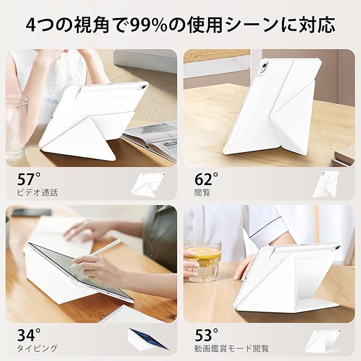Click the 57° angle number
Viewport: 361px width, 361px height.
point(29,179)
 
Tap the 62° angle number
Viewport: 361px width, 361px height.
point(206,179)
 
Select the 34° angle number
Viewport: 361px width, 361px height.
point(29,334)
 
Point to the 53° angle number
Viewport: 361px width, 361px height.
point(206,334)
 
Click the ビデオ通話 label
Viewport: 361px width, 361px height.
point(37,192)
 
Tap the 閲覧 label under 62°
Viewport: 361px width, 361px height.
point(202,192)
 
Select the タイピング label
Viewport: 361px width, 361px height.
point(37,348)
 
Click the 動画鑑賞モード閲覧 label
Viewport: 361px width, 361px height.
point(232,349)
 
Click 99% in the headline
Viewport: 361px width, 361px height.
point(148,25)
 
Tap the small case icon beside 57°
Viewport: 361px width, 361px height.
point(148,184)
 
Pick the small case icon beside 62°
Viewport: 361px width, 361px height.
point(325,184)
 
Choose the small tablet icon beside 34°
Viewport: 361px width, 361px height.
point(147,339)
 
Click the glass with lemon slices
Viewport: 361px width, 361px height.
point(202,261)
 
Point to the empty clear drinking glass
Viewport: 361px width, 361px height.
point(16,126)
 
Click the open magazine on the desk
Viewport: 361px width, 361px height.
point(150,139)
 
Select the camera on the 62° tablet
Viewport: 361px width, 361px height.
point(265,67)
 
